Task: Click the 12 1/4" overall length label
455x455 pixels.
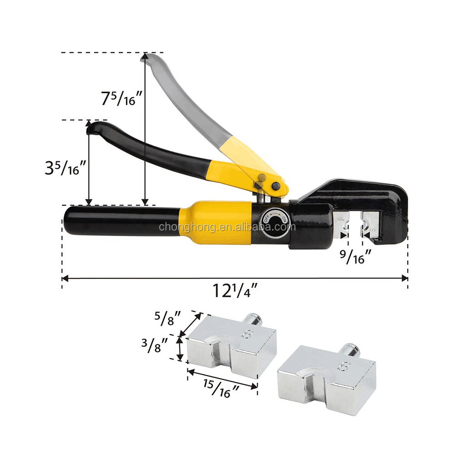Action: (x=235, y=290)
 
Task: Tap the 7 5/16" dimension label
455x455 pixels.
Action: (x=121, y=98)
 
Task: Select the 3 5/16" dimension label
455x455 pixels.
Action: (x=66, y=168)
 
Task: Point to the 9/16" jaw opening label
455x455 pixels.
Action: (x=356, y=257)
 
